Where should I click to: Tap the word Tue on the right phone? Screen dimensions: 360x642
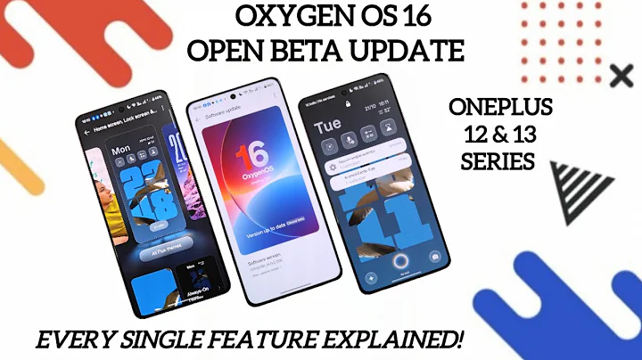click(327, 126)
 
